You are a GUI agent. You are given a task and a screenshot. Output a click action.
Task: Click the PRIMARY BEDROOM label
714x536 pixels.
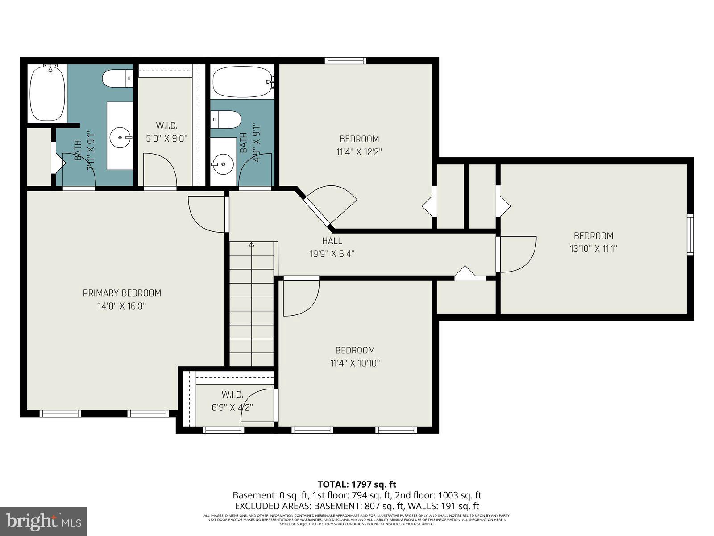122,293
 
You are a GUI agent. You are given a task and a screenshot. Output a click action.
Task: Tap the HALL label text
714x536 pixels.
332,241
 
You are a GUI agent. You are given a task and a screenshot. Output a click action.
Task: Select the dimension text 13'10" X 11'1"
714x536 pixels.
593,249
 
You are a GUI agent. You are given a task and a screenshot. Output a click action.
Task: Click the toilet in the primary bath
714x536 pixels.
117,79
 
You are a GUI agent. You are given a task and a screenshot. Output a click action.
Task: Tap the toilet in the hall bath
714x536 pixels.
227,120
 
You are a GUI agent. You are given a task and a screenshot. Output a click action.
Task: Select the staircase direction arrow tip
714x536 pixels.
251,244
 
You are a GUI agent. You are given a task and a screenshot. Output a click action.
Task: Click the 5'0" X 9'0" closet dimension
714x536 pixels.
166,138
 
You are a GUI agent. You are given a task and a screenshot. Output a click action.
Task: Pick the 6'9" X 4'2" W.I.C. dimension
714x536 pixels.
232,407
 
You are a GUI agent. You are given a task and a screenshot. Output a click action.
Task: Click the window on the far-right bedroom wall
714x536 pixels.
690,234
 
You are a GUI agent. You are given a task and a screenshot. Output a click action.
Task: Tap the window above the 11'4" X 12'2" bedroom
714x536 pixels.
345,61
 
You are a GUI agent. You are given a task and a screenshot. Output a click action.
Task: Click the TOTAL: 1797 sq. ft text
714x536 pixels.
357,484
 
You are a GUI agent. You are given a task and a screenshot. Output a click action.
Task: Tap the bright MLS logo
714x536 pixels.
43,521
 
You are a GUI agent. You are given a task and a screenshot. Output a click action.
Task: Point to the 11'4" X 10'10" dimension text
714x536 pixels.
355,363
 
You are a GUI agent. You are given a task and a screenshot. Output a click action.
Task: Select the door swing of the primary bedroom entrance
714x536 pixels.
206,214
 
